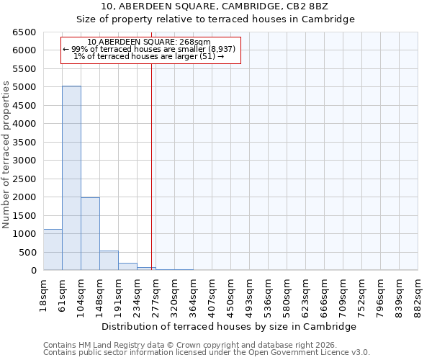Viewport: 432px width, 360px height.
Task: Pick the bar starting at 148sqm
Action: tap(109, 260)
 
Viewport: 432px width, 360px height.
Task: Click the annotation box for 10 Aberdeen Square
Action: tap(149, 50)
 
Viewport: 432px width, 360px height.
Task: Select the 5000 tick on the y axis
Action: tap(24, 87)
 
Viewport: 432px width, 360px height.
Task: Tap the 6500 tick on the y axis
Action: tap(24, 32)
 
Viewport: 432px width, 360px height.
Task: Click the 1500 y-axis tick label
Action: tap(24, 215)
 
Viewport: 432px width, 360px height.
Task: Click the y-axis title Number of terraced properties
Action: tap(6, 155)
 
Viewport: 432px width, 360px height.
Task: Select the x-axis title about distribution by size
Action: tap(230, 326)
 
